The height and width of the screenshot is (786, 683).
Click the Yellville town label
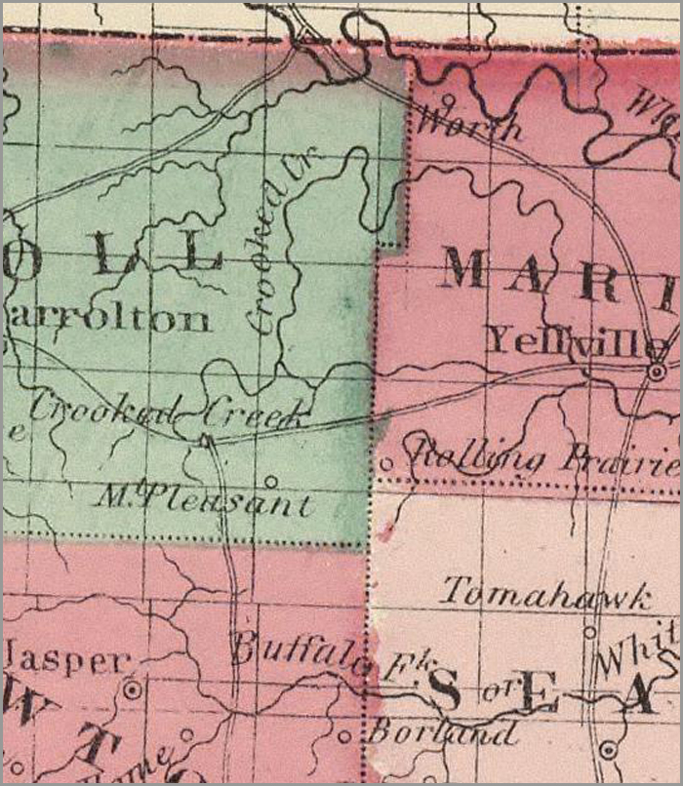(x=576, y=340)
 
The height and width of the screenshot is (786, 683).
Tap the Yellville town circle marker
(x=659, y=372)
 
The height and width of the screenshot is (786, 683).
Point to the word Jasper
(x=66, y=661)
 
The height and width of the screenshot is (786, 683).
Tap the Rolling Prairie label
(x=546, y=455)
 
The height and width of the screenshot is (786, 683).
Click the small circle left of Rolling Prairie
(x=385, y=463)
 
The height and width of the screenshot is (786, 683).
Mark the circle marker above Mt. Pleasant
(x=270, y=480)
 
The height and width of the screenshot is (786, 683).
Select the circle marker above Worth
(x=448, y=98)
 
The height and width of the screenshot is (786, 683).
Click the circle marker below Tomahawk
(x=588, y=631)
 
